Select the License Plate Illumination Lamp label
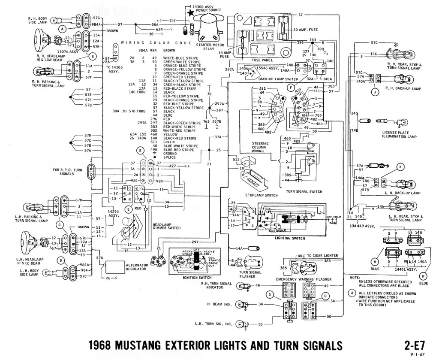(x=400, y=134)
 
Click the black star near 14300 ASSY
(x=190, y=14)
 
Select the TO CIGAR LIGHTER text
(x=320, y=255)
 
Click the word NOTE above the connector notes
(x=355, y=277)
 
